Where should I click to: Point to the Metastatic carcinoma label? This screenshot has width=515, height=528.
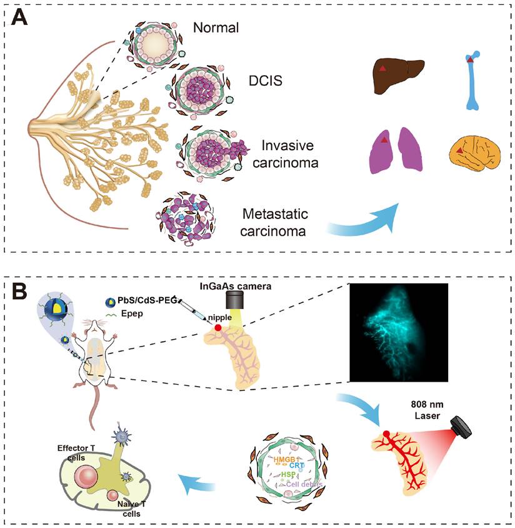(276, 220)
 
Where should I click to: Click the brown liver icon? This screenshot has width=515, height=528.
(399, 77)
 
